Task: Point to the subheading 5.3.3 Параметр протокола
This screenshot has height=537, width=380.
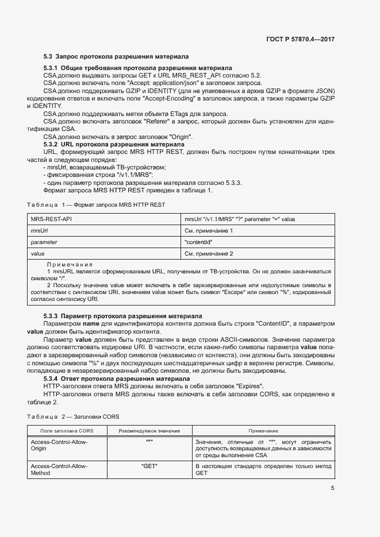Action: click(x=122, y=316)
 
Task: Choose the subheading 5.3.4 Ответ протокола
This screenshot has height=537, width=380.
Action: click(x=117, y=378)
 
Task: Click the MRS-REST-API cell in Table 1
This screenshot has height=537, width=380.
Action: click(x=51, y=219)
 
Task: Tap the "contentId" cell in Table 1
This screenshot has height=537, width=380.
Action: click(x=199, y=242)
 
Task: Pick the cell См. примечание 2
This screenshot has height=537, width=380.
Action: click(x=209, y=253)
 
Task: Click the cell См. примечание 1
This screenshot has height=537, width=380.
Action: click(x=209, y=231)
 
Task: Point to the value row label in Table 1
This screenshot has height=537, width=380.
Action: click(x=38, y=253)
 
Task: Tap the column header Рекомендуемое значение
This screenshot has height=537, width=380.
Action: click(x=149, y=430)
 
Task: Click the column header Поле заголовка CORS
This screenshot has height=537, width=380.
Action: click(x=63, y=430)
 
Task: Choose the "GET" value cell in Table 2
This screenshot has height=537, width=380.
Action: click(x=149, y=466)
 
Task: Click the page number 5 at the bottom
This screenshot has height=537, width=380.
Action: click(x=332, y=488)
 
